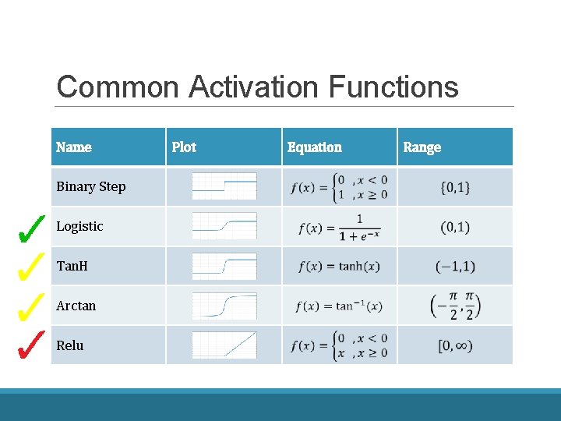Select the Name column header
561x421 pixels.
74,147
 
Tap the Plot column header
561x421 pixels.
184,147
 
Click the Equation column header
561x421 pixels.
314,147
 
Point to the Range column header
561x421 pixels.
422,147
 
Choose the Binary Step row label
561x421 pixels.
90,187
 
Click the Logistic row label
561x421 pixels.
79,227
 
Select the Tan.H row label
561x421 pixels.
72,267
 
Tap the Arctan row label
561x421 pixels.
76,306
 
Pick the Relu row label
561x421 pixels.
69,345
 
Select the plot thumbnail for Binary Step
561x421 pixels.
224,187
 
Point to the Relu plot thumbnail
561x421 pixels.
224,345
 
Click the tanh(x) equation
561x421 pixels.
339,267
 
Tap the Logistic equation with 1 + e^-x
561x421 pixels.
340,227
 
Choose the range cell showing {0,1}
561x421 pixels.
455,188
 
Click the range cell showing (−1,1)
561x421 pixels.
455,267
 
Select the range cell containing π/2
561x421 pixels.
455,306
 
